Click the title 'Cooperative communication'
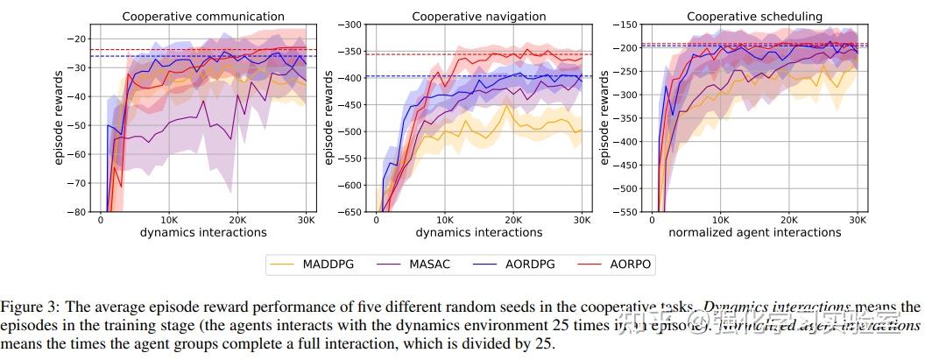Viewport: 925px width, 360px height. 203,16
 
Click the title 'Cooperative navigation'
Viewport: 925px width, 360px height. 478,16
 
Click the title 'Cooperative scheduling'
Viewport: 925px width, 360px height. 754,16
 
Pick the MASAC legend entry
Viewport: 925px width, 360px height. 428,264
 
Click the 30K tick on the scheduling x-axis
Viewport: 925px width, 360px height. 858,221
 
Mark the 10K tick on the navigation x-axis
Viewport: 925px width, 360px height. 444,221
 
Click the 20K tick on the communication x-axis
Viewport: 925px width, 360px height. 237,221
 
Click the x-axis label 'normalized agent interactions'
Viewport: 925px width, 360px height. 754,233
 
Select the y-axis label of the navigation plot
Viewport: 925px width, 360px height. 329,118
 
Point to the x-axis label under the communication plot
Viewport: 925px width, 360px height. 203,233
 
